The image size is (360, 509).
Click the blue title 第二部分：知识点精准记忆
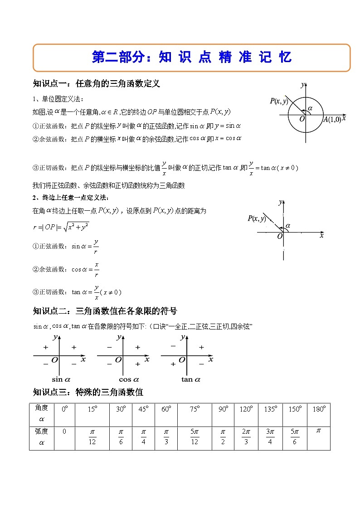(x=191, y=58)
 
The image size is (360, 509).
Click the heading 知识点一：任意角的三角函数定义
(x=97, y=84)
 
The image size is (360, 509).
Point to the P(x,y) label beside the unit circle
(x=279, y=101)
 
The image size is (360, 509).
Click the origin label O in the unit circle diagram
(x=302, y=119)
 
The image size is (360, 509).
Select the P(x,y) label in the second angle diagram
(x=257, y=218)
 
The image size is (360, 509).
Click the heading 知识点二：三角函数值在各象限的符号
(x=105, y=311)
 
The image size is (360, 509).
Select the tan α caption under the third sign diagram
(x=190, y=379)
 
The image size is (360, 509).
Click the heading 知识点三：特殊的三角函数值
(x=88, y=392)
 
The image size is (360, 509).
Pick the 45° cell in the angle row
(x=143, y=409)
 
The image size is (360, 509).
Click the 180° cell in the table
(x=319, y=409)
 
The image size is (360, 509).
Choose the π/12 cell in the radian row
(x=92, y=438)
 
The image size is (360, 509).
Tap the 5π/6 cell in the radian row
(x=295, y=438)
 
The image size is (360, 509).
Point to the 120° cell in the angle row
(x=246, y=409)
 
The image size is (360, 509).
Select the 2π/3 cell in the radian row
(x=246, y=438)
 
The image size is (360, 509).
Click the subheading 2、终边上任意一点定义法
(x=71, y=197)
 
